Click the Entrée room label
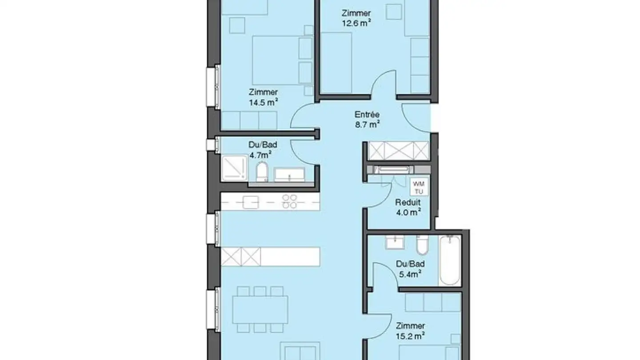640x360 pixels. [367, 114]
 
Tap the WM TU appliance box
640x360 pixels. [418, 187]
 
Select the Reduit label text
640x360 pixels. [408, 203]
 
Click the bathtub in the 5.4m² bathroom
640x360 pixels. [450, 261]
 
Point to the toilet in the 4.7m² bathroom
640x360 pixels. [262, 172]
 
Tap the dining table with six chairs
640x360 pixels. [260, 309]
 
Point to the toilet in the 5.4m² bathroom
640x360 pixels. [422, 246]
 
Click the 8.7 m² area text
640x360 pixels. [367, 125]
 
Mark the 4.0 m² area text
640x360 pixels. [408, 212]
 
